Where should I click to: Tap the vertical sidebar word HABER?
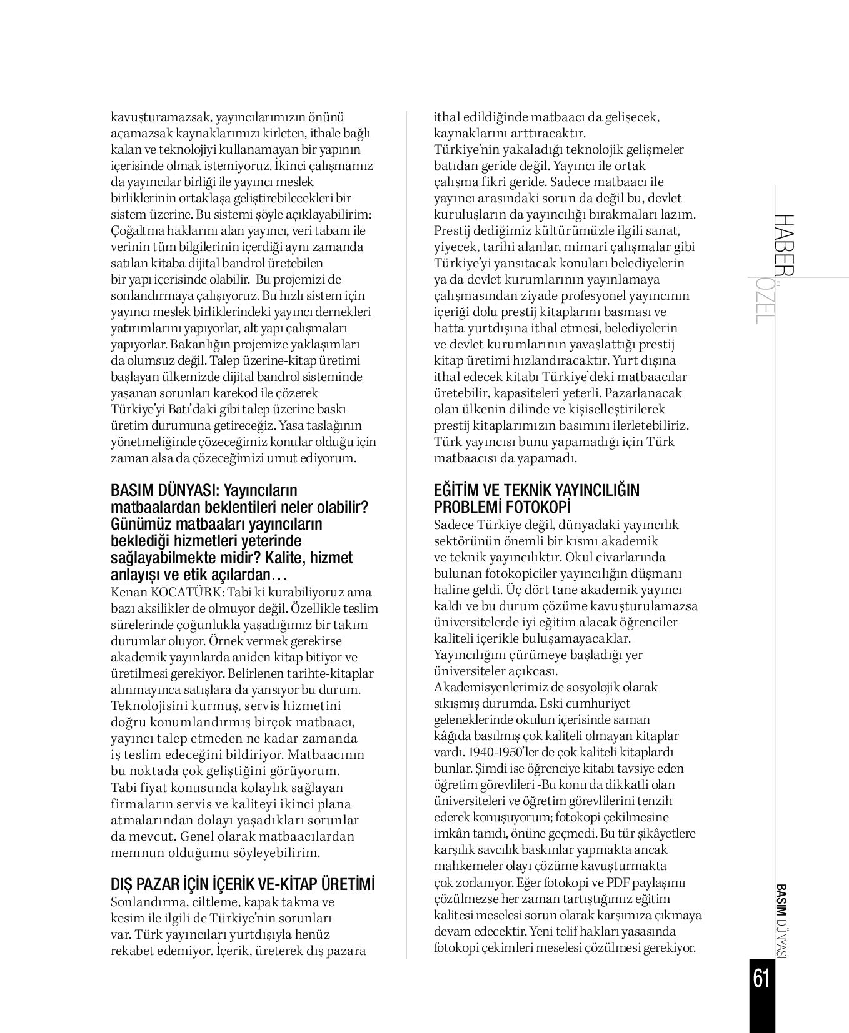785,245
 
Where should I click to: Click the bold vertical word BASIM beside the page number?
780,900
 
